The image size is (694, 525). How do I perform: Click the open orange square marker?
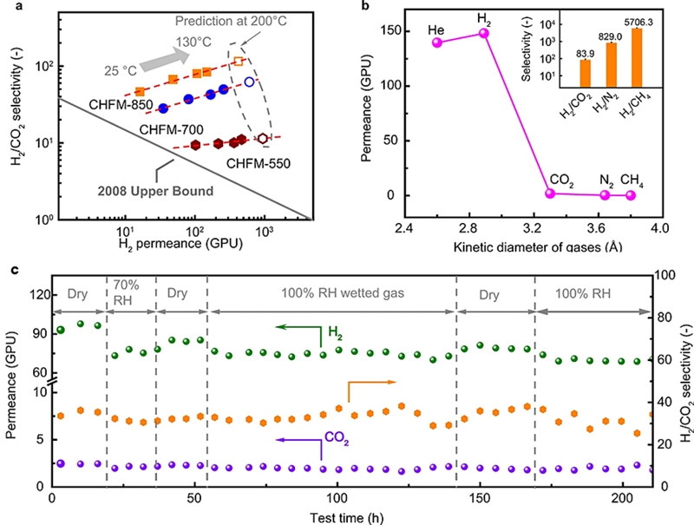click(x=239, y=61)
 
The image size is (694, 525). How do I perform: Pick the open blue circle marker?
click(x=250, y=82)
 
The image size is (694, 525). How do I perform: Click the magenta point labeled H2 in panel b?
click(x=484, y=33)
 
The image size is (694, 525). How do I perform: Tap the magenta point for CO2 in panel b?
click(x=549, y=193)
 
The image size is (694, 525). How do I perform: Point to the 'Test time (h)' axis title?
click(x=350, y=516)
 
